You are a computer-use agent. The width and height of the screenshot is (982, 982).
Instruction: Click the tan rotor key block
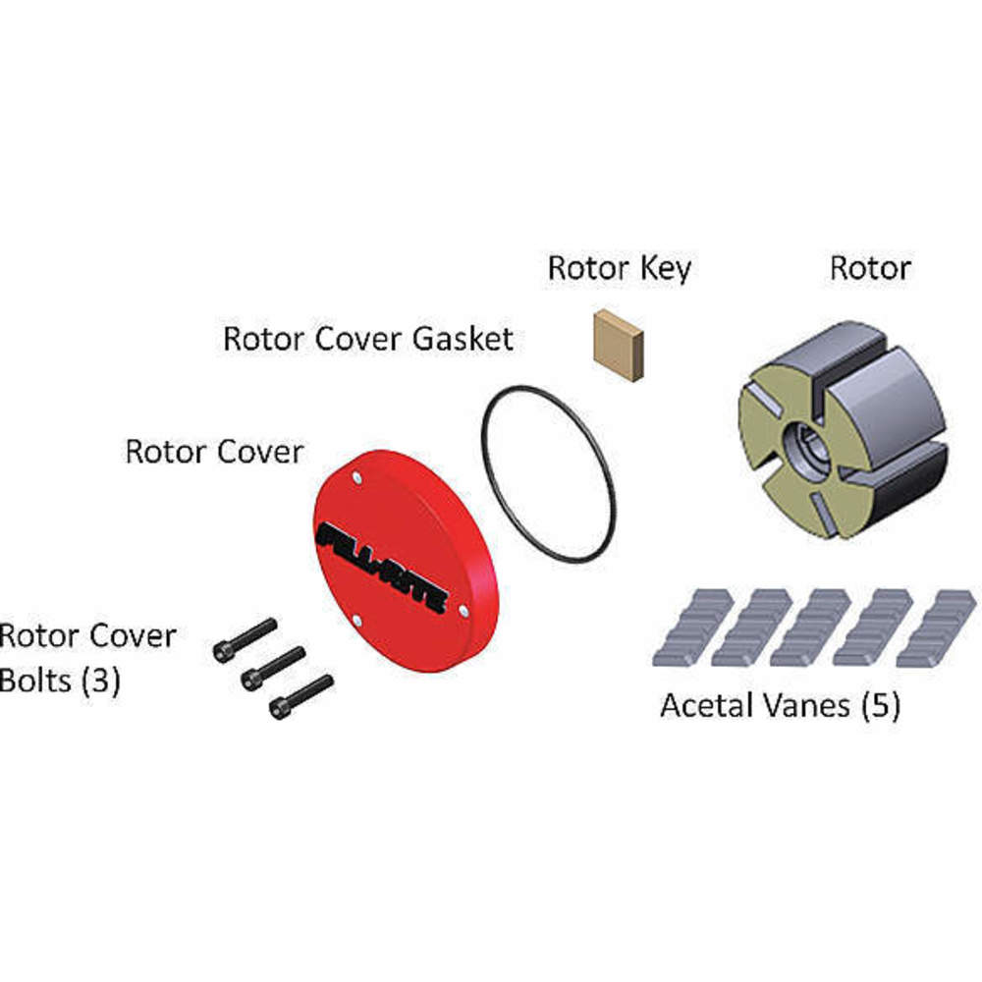click(x=619, y=344)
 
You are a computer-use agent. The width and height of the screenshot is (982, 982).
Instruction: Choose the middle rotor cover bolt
click(x=272, y=667)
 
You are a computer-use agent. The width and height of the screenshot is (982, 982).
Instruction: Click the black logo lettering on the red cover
click(x=383, y=568)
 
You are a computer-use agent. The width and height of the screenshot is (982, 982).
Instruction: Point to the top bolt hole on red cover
click(x=356, y=477)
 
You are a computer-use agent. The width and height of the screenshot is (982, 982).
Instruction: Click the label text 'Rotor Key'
click(x=619, y=267)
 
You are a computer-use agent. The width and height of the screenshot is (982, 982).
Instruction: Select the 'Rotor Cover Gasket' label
click(x=368, y=339)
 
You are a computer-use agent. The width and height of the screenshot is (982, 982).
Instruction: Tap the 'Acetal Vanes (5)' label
click(x=780, y=705)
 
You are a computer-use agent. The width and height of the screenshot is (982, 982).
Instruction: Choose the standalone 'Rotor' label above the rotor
click(x=870, y=267)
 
